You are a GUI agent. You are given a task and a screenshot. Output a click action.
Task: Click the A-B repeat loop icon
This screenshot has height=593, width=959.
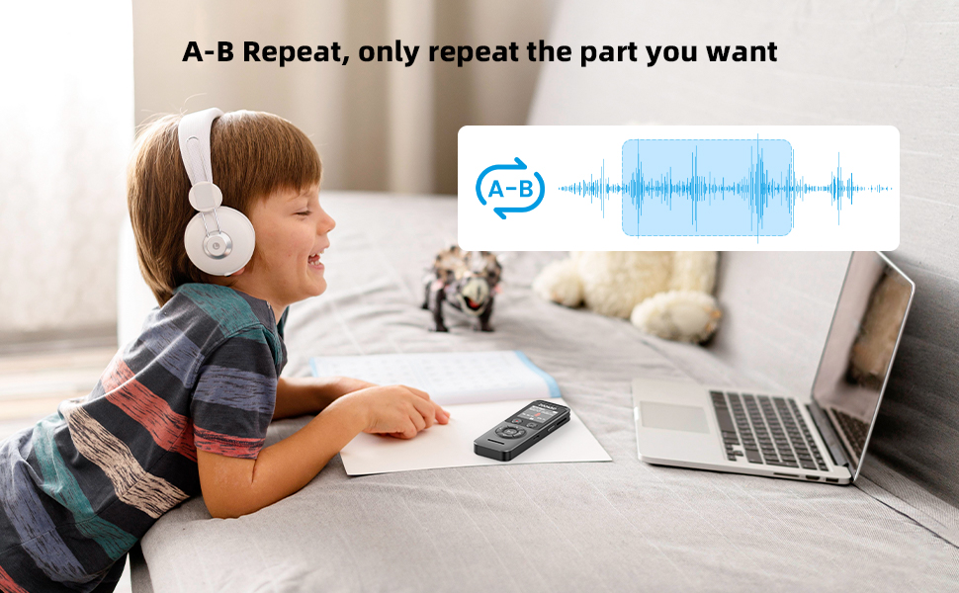[510, 188]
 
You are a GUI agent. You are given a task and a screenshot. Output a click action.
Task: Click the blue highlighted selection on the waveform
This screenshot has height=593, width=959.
[707, 188]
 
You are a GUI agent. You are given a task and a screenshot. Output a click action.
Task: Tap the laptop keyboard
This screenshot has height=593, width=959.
[766, 428]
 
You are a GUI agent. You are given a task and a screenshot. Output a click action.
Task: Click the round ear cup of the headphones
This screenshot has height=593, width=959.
[218, 241]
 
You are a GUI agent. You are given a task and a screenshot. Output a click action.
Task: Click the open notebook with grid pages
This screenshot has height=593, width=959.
[435, 376]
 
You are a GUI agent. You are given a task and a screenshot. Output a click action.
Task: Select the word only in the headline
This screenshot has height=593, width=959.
[392, 52]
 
